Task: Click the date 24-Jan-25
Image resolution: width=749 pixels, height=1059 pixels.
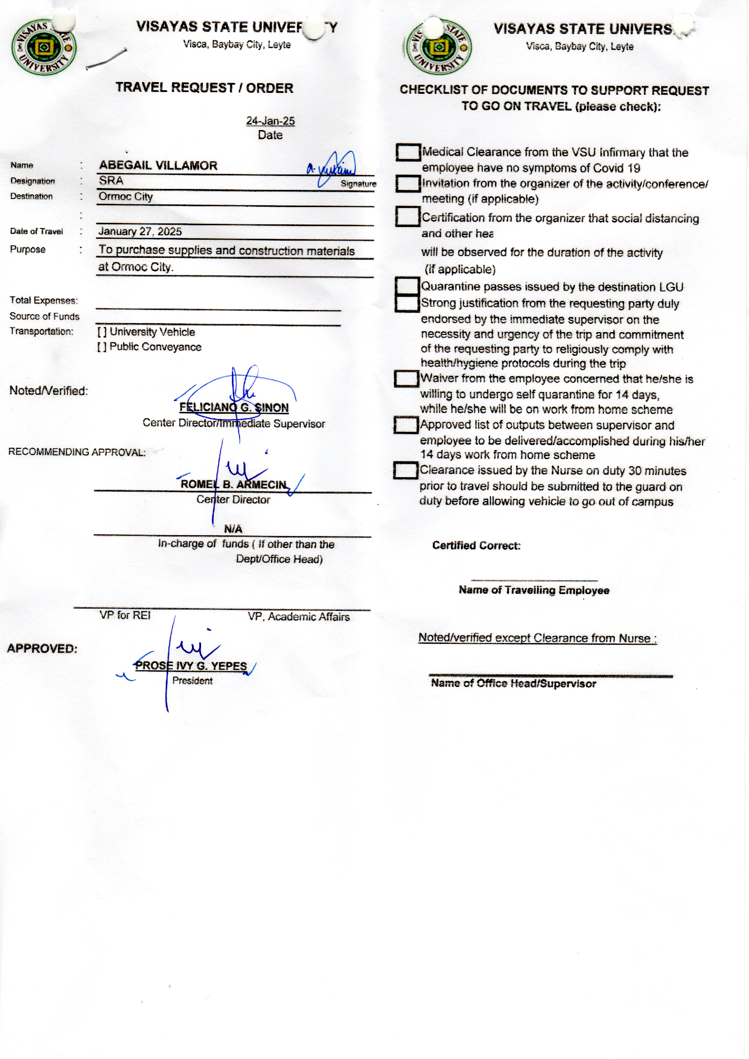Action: coord(270,121)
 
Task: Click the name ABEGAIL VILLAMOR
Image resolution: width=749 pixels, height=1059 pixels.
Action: coord(158,166)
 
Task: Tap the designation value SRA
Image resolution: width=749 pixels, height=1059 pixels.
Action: coord(111,181)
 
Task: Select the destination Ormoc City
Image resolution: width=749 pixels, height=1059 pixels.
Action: coord(125,197)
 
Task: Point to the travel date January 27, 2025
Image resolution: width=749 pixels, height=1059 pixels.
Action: coord(140,232)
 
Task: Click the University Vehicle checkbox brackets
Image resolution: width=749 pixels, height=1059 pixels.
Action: coord(102,332)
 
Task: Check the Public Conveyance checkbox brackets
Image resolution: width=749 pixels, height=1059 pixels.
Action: coord(102,347)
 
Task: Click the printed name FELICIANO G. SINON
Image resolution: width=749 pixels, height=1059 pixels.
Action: coord(234,407)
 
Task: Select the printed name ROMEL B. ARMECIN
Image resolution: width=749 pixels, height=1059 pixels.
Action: coord(233,484)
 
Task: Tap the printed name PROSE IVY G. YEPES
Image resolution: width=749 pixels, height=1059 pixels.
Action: coord(191,666)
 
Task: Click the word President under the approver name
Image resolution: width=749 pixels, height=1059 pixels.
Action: coord(192,681)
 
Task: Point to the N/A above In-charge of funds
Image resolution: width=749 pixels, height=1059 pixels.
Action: coord(233,529)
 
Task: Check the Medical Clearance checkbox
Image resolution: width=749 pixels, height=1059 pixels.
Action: coord(408,152)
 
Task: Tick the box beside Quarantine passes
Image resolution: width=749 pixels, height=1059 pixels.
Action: coord(407,286)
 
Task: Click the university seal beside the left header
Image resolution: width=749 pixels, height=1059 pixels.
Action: coord(44,47)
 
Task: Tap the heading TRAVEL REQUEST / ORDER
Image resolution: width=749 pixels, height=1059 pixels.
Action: coord(204,87)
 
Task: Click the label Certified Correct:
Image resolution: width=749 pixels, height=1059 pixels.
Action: coord(476,546)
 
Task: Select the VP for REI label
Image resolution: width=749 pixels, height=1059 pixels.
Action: coord(125,615)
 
